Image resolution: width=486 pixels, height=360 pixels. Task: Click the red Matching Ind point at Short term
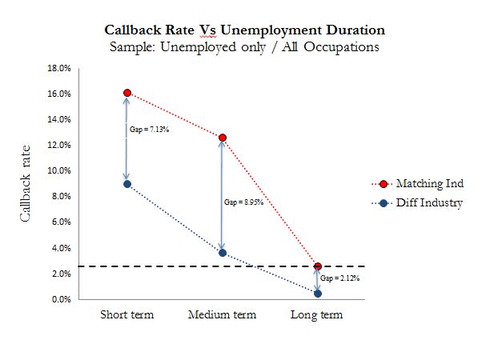[x=127, y=93]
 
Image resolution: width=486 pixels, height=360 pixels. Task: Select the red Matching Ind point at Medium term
[x=223, y=138]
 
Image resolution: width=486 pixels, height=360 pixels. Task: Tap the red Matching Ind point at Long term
[x=318, y=266]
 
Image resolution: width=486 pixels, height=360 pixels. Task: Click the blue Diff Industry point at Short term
[x=127, y=184]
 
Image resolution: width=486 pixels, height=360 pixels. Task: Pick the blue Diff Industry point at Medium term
[x=223, y=253]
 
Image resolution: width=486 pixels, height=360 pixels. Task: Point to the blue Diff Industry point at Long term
[x=318, y=294]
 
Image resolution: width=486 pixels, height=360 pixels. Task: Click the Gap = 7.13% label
[x=146, y=129]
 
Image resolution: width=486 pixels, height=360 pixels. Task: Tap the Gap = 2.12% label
[x=339, y=278]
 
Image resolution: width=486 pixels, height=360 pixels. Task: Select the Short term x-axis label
[x=127, y=314]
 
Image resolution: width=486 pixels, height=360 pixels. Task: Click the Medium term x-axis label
[x=222, y=314]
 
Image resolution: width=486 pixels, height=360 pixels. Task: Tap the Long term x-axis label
[x=316, y=314]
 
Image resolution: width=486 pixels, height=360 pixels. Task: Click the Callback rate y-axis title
[x=25, y=184]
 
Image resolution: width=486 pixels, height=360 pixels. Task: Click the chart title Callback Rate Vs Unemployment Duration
[x=245, y=30]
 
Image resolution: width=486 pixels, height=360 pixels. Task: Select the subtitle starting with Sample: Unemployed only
[x=245, y=47]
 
